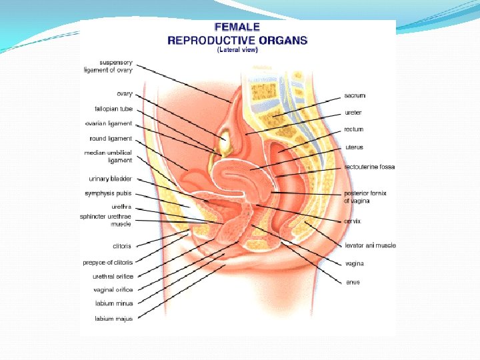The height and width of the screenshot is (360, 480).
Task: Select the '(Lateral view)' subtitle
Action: [237, 50]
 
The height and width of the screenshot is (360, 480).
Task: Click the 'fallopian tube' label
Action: [113, 108]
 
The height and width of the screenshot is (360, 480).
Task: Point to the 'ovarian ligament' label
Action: [109, 123]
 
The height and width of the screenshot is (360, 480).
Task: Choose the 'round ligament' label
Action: [111, 139]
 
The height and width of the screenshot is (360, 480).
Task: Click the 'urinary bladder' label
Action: [110, 179]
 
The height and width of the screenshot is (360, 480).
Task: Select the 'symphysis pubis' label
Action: [108, 193]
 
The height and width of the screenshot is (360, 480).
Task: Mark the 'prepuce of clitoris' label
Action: [108, 262]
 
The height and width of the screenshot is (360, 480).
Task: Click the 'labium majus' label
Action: [113, 319]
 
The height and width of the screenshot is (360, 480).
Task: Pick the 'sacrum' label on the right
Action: [355, 96]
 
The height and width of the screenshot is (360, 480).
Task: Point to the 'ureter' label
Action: [353, 113]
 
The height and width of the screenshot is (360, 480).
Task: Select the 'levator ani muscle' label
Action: [370, 245]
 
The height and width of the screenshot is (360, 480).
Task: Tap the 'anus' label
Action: [353, 282]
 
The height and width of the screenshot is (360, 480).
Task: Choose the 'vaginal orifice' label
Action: [113, 290]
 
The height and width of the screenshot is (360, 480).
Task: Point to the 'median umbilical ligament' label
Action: [108, 157]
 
